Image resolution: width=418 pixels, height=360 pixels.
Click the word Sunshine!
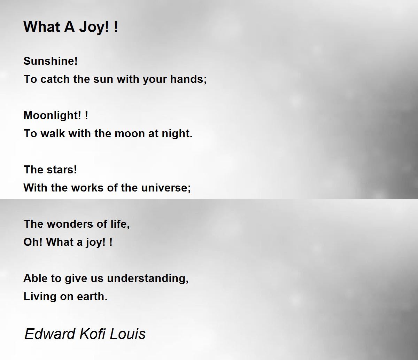pos(51,61)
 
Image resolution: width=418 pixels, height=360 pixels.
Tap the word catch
pos(55,79)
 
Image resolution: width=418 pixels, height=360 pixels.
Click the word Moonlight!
pos(52,115)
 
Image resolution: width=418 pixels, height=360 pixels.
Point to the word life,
pos(120,224)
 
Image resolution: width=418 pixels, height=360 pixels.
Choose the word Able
pos(34,278)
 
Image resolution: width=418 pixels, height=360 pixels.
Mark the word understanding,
pos(148,278)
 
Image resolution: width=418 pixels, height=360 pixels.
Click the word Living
pos(40,296)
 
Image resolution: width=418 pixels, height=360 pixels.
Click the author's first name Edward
pos(50,334)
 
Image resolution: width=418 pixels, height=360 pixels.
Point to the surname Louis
pos(128,334)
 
